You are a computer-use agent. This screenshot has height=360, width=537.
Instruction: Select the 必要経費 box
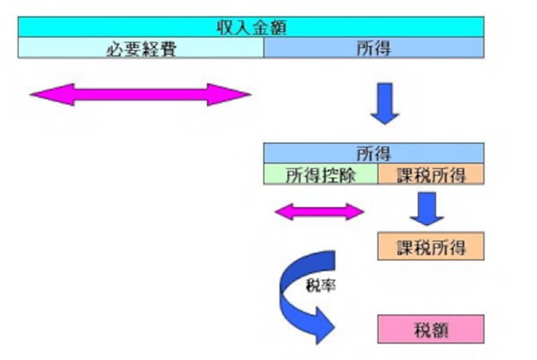click(140, 48)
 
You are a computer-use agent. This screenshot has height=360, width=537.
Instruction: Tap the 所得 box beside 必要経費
click(373, 48)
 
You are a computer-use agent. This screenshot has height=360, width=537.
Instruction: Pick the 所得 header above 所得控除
click(373, 152)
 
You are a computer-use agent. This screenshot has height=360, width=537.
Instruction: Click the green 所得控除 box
click(320, 174)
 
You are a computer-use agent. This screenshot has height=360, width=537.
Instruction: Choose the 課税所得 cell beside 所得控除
click(431, 174)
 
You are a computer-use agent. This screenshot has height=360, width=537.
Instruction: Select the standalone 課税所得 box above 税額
click(431, 246)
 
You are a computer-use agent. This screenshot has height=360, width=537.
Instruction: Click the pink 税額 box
click(431, 330)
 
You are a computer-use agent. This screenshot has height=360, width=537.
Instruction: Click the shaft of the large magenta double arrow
click(140, 95)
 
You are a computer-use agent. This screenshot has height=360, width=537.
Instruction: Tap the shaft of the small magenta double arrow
click(320, 212)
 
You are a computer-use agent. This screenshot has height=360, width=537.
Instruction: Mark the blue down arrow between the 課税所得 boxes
click(427, 210)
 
